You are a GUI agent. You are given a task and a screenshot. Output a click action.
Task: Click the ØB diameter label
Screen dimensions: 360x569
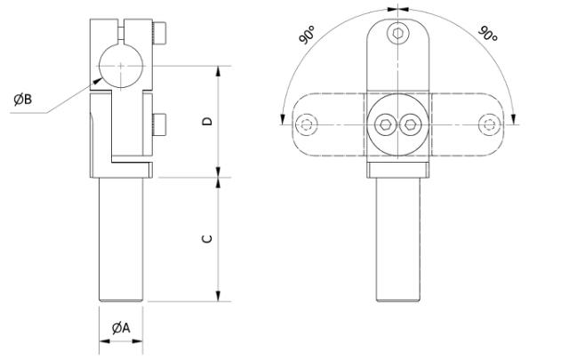click(23, 99)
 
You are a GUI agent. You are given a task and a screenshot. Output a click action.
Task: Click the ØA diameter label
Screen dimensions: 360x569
click(122, 328)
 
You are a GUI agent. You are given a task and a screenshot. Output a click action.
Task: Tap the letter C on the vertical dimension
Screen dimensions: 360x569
click(205, 238)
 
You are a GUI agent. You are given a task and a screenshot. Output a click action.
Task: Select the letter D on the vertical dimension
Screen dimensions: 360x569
click(205, 122)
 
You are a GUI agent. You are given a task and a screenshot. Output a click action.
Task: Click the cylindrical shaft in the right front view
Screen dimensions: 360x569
click(397, 236)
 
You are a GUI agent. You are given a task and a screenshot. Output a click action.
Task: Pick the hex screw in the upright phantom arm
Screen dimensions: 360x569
click(397, 34)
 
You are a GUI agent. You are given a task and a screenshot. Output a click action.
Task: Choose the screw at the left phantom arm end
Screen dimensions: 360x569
click(308, 123)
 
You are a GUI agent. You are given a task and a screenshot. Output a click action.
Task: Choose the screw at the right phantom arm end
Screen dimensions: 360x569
click(487, 123)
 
